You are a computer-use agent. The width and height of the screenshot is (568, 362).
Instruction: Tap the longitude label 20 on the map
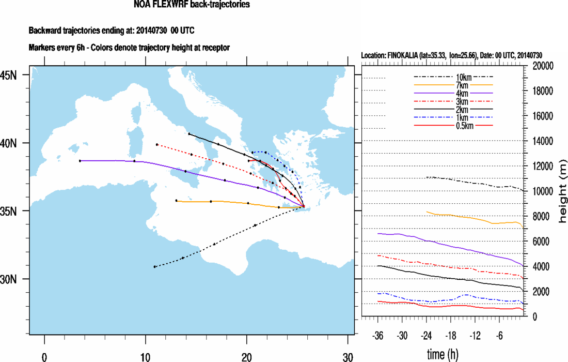click(x=247, y=357)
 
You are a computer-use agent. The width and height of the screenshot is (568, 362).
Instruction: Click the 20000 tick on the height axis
click(x=543, y=66)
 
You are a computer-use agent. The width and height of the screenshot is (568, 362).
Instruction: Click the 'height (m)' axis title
click(x=563, y=191)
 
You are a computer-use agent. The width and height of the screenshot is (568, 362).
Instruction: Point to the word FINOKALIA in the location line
click(x=408, y=55)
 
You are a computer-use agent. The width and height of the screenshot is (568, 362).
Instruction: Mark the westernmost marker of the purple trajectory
click(x=80, y=161)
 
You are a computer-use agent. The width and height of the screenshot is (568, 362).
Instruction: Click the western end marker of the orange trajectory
click(x=176, y=201)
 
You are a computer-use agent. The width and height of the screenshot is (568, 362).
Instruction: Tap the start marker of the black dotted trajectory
click(x=154, y=267)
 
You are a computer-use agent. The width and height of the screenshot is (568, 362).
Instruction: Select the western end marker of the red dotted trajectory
click(x=157, y=144)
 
